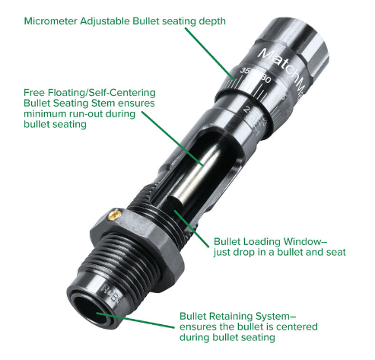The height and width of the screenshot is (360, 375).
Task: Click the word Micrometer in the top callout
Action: coord(50,21)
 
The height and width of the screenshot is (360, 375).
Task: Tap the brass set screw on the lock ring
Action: coord(114,215)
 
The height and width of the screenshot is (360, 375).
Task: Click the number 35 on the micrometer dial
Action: coord(244,70)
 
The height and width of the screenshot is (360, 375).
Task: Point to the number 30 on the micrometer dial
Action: coord(266,79)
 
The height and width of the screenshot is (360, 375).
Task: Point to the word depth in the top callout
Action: coord(212,21)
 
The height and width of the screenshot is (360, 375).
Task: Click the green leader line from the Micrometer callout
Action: coord(210,55)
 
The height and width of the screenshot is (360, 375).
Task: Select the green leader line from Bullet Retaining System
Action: coord(135,320)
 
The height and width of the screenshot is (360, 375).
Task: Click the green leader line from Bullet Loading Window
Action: coord(192,228)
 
